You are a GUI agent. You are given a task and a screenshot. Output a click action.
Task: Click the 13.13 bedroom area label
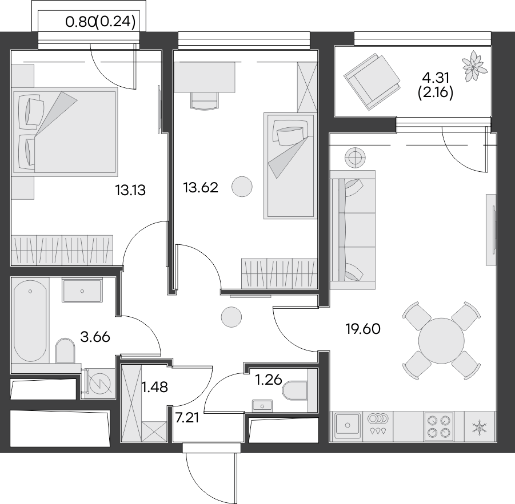130,190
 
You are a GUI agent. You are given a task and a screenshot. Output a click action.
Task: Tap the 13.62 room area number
200,187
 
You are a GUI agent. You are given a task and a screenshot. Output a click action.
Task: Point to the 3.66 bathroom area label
95,337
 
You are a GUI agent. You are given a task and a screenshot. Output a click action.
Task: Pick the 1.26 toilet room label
268,379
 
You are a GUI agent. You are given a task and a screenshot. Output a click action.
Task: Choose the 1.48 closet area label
155,388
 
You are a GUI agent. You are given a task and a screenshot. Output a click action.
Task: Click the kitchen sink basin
348,425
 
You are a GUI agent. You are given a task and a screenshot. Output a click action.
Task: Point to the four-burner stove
438,425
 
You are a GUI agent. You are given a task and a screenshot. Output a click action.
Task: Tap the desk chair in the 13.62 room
204,101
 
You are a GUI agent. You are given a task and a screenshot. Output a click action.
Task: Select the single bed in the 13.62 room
289,166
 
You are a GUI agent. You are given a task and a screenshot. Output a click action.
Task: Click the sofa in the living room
352,228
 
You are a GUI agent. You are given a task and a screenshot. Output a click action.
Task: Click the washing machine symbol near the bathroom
98,383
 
